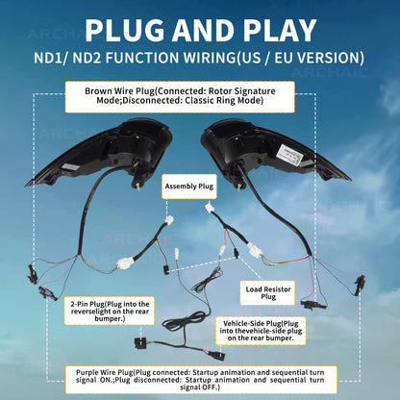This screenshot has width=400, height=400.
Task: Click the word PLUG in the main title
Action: click(x=124, y=30)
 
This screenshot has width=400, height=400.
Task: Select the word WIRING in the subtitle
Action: click(x=210, y=58)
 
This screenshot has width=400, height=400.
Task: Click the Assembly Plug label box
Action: click(x=189, y=187)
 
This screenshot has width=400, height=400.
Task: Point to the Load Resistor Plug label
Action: click(x=268, y=293)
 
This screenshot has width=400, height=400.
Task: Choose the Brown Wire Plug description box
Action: click(x=180, y=97)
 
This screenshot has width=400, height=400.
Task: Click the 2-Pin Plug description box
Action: click(x=110, y=311)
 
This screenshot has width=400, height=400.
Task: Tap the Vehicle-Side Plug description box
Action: click(x=261, y=331)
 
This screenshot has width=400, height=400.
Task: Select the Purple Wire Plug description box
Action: click(x=201, y=380)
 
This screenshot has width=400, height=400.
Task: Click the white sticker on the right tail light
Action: click(x=289, y=155)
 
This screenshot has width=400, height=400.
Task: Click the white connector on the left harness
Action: click(x=125, y=262)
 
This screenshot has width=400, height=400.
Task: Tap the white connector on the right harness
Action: click(x=255, y=250)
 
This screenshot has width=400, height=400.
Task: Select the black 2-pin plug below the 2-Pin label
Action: click(x=140, y=342)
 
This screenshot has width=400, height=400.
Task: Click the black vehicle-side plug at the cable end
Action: click(x=216, y=355)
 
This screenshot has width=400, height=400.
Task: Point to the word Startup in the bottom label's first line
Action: click(x=205, y=373)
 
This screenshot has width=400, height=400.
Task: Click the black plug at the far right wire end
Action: click(x=361, y=284)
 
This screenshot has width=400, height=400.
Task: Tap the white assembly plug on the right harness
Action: click(x=209, y=207)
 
